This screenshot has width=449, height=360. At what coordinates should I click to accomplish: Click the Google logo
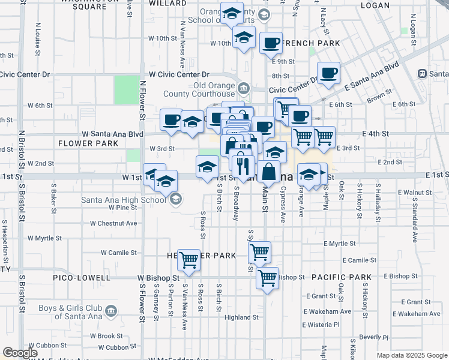[20, 353]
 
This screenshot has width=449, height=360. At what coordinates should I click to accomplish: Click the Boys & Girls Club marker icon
[111, 311]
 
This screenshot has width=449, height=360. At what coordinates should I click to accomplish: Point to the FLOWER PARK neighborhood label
[88, 143]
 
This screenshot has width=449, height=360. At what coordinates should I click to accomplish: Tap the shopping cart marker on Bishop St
[267, 278]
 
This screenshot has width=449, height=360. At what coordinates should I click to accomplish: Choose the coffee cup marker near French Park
[271, 43]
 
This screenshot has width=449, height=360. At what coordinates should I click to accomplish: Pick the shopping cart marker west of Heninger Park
[189, 259]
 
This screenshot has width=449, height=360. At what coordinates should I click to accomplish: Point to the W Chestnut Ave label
[113, 223]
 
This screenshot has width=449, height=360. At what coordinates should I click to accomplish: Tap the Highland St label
[241, 317]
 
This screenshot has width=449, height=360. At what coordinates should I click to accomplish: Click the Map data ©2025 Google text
[412, 355]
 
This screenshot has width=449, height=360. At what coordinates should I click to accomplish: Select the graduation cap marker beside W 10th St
[243, 38]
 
